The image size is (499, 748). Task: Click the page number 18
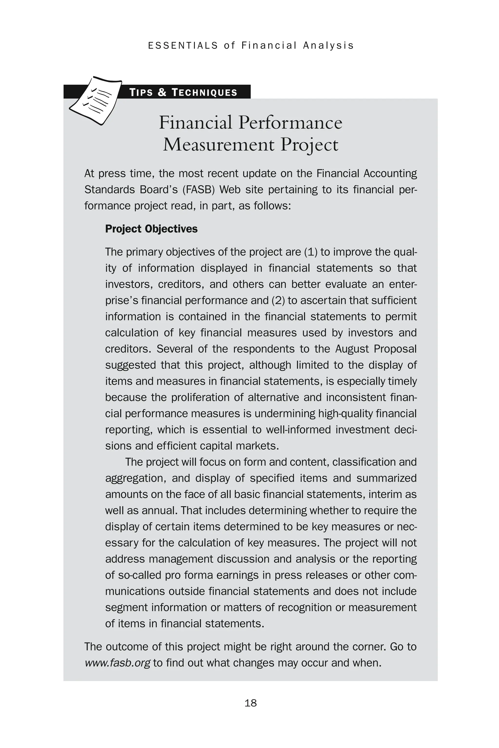250,703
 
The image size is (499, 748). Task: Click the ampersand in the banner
162,93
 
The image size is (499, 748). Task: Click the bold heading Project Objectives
151,229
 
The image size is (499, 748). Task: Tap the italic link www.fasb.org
117,663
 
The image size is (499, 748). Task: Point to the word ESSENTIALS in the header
183,46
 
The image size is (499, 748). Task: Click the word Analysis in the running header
328,46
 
